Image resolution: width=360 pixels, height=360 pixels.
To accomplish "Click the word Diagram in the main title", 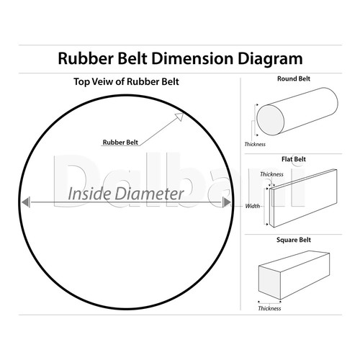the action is pos(270,59).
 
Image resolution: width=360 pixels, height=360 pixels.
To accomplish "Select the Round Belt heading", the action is pos(294,78).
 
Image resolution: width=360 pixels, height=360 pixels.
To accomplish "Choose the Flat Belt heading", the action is pos(294,159).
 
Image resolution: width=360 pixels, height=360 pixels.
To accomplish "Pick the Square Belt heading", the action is pos(294,240).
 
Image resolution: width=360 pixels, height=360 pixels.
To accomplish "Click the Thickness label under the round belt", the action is pos(255,144).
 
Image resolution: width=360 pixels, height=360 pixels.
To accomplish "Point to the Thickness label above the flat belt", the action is pos(271,174).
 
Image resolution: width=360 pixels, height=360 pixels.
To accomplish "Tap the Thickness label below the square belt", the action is pos(269,308).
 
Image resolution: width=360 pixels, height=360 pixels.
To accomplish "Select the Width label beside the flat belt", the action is pos(253,206).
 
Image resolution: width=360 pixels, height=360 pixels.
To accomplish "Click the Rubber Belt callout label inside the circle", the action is pos(120,143).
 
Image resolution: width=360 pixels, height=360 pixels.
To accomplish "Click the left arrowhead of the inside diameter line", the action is pos(26,202).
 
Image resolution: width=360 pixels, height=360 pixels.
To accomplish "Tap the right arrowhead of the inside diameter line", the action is pos(227,202).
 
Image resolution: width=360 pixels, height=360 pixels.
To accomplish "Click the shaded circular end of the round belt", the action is pos(271,120).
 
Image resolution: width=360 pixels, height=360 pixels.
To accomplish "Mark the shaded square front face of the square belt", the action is pos(269,282).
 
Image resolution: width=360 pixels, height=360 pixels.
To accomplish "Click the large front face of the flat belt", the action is pos(305,199).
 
